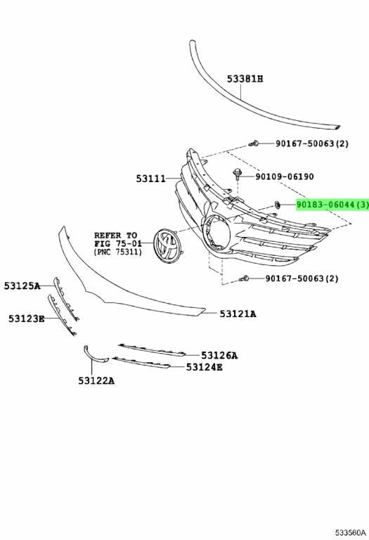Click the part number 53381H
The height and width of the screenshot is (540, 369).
245,79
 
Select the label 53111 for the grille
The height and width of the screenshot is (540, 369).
151,179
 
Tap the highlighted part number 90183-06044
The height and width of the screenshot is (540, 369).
325,205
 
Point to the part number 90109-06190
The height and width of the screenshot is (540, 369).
285,176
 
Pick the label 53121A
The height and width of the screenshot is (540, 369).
238,314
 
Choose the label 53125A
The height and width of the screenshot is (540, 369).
22,286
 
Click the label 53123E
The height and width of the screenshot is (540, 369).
27,319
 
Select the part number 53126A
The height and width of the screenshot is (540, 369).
219,355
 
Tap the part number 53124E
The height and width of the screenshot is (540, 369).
204,368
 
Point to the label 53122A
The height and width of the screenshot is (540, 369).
96,381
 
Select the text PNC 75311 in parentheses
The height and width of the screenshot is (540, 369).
117,252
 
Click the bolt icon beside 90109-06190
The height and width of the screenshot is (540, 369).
237,174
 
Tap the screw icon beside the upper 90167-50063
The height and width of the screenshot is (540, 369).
254,143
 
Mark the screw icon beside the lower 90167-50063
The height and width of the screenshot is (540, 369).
244,278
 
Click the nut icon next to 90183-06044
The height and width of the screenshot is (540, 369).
277,205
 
